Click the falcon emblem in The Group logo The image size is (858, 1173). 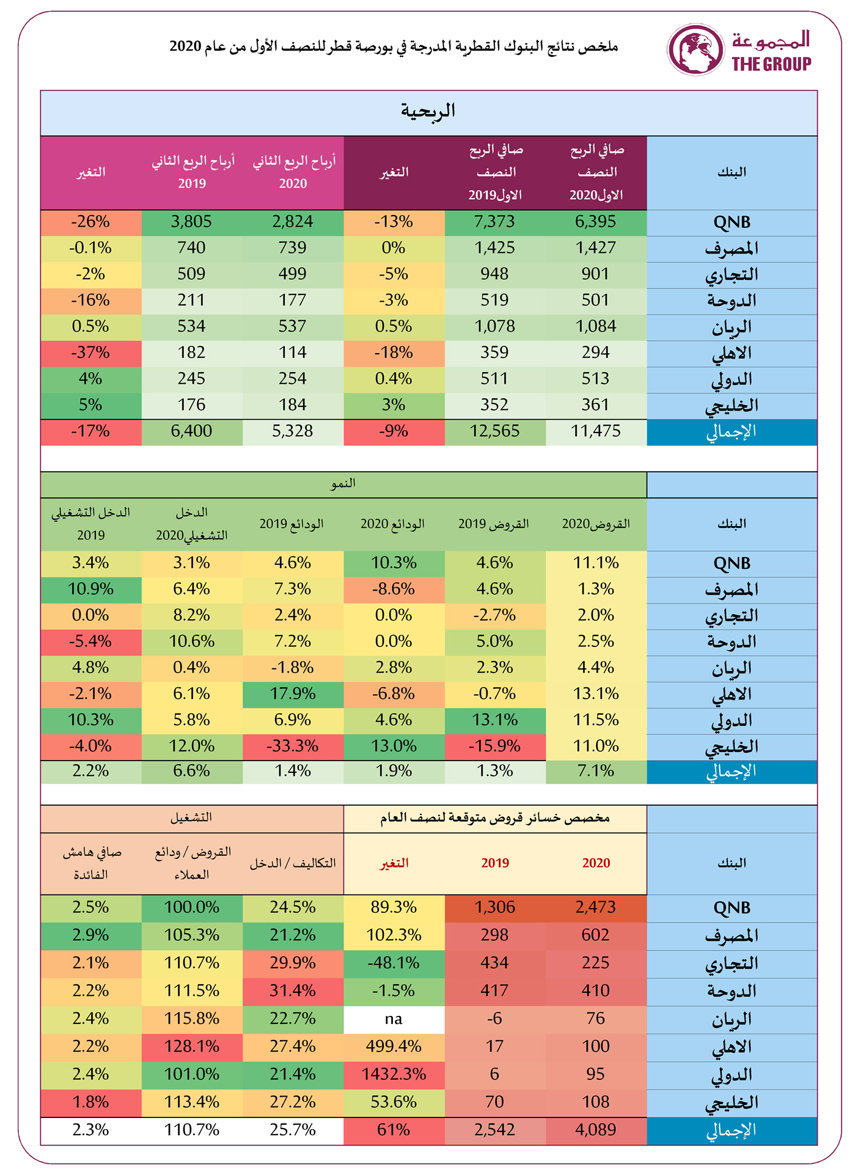pyautogui.click(x=695, y=49)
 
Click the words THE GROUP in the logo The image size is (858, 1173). pyautogui.click(x=771, y=64)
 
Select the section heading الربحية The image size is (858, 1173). pyautogui.click(x=428, y=111)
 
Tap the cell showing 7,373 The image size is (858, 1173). pyautogui.click(x=494, y=222)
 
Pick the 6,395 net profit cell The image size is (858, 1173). pyautogui.click(x=595, y=222)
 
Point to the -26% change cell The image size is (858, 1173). pyautogui.click(x=90, y=222)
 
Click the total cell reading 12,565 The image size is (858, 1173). pyautogui.click(x=494, y=431)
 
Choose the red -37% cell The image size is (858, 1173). pyautogui.click(x=90, y=353)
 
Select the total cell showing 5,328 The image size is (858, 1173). pyautogui.click(x=292, y=431)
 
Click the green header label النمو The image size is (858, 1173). pyautogui.click(x=343, y=484)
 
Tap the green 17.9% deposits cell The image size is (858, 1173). pyautogui.click(x=292, y=694)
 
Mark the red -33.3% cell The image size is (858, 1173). pyautogui.click(x=292, y=747)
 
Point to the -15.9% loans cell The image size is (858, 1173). pyautogui.click(x=494, y=747)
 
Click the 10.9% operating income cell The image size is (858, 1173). pyautogui.click(x=90, y=589)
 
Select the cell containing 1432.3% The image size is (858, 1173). pyautogui.click(x=394, y=1074)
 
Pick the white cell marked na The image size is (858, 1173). pyautogui.click(x=394, y=1018)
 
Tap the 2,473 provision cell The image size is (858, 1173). pyautogui.click(x=595, y=907)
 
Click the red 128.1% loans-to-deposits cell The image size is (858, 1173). pyautogui.click(x=191, y=1047)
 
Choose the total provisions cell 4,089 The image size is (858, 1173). pyautogui.click(x=595, y=1130)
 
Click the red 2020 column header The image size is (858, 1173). pyautogui.click(x=596, y=863)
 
